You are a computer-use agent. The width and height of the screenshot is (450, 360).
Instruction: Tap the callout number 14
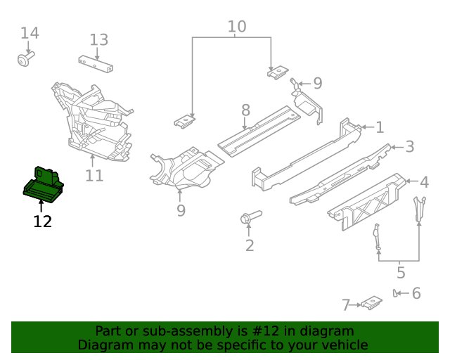(30, 33)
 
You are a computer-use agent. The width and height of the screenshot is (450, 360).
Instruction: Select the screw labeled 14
(25, 60)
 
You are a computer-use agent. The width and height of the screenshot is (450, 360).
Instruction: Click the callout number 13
(98, 40)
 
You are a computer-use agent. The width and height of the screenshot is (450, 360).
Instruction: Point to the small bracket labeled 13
(97, 63)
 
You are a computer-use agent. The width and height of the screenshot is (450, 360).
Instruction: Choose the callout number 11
(94, 175)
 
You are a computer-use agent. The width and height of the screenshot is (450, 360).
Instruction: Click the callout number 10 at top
(237, 27)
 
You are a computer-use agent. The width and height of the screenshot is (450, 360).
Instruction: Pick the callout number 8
(245, 110)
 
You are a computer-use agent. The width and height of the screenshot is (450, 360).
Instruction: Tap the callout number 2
(249, 245)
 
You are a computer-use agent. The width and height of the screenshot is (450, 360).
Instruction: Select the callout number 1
(380, 127)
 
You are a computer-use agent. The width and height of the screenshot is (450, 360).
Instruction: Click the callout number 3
(409, 147)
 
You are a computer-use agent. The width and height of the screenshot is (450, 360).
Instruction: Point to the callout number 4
(424, 183)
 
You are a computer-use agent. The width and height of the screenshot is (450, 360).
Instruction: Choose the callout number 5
(401, 272)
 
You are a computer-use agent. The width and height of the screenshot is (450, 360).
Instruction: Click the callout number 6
(416, 293)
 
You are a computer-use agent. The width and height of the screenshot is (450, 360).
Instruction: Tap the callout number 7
(346, 305)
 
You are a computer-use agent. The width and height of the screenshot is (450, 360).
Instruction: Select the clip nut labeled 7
(371, 303)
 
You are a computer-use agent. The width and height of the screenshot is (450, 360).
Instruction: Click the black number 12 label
(42, 222)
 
